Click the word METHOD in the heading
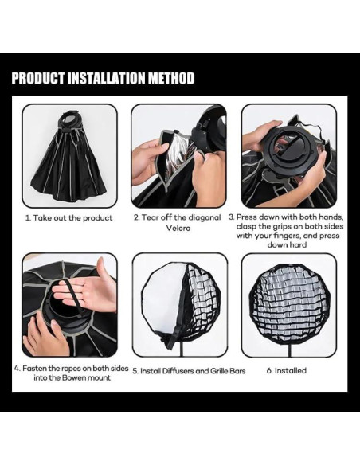tap(171, 78)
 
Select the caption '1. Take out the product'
tap(68, 218)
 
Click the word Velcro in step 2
tap(178, 228)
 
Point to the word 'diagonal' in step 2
tap(204, 217)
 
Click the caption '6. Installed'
tap(287, 371)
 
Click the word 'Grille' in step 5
tap(220, 371)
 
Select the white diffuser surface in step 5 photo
tap(162, 296)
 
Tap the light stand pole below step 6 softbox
tap(289, 350)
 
